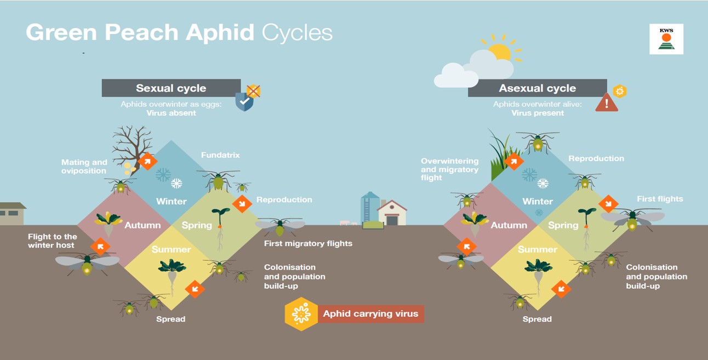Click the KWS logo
666,39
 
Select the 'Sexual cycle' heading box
171,88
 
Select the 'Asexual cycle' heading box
537,88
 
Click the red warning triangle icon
607,103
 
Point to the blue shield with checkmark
244,101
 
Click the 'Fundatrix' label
220,155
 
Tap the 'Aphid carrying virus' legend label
370,314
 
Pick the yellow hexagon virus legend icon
301,314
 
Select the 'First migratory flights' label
308,243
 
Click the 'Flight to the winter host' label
53,241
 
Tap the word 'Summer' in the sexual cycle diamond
171,249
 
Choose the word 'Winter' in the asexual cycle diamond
537,201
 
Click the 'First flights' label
660,199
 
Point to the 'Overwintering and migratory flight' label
449,169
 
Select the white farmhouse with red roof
392,213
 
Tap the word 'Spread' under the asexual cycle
537,319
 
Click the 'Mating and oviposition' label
84,167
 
